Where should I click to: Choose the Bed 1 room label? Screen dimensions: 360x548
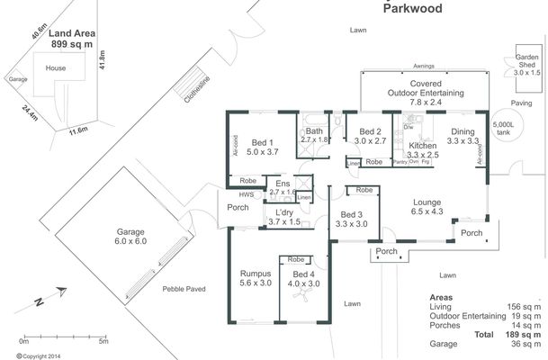click(262, 148)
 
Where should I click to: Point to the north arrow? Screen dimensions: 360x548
click(50, 296)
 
